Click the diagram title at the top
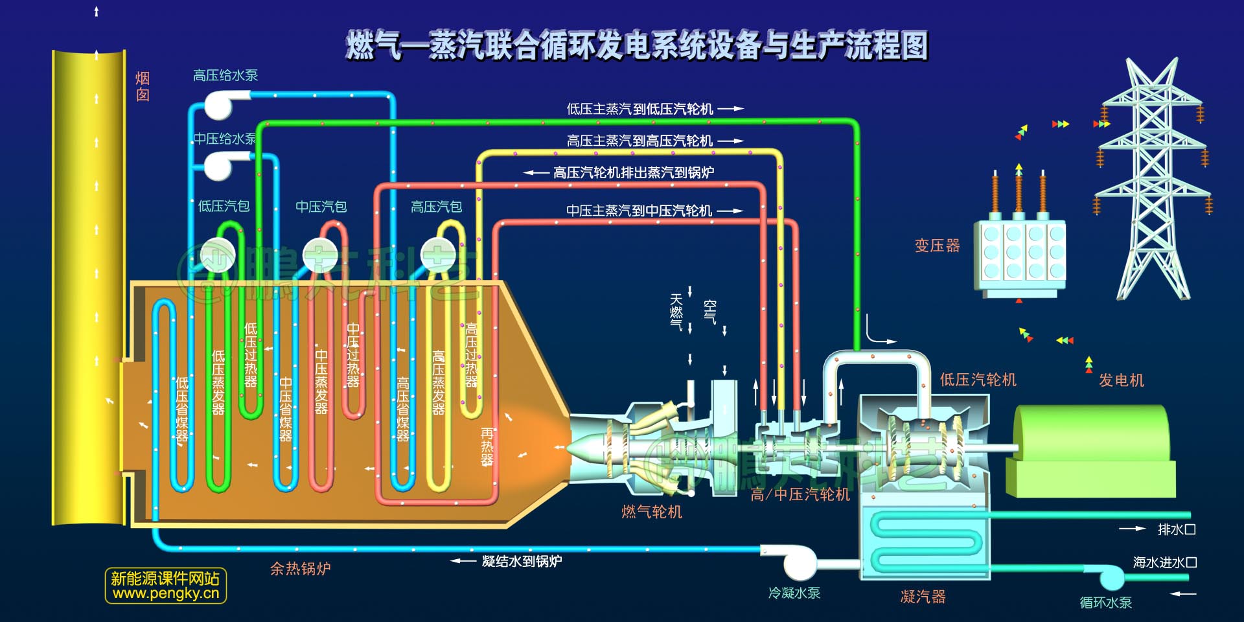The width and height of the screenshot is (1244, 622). point(637,45)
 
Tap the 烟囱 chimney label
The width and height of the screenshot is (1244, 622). point(143,87)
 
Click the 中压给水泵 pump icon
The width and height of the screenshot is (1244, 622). point(219,165)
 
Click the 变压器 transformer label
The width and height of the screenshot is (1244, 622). point(937,246)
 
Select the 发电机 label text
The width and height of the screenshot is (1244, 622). point(1121,380)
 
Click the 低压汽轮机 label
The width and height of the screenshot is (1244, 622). point(978,380)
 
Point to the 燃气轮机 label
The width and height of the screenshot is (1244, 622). point(651,512)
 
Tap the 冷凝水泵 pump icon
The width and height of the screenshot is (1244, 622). point(800,562)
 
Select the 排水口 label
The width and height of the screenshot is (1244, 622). point(1176,529)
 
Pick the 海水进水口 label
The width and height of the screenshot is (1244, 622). point(1164,562)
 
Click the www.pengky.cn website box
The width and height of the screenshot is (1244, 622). point(166,586)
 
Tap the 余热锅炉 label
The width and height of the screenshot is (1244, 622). point(300,569)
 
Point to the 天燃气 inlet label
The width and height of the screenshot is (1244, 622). point(676,312)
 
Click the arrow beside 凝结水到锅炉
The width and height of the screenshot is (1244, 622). point(463,561)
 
